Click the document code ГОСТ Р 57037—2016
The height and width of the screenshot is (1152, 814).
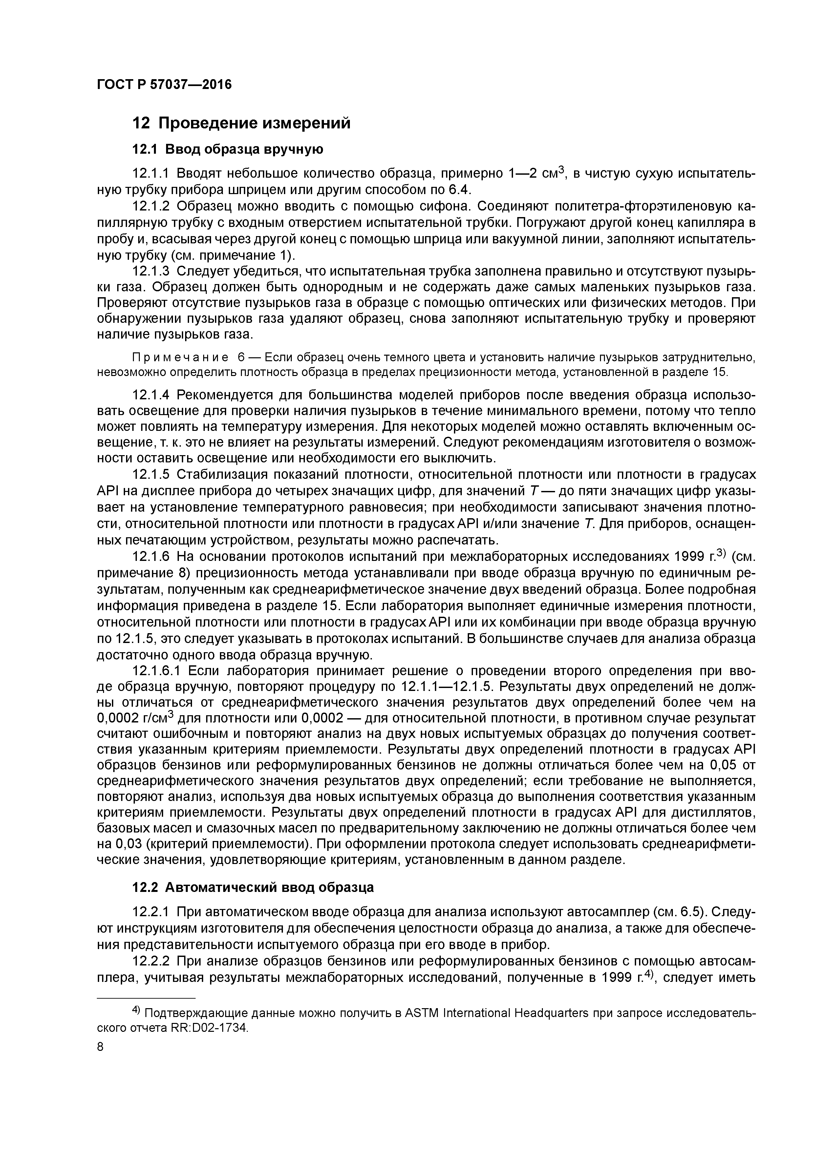[x=164, y=85]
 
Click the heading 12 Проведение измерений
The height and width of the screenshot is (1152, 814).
[x=241, y=123]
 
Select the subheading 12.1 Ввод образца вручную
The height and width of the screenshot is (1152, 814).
[x=227, y=149]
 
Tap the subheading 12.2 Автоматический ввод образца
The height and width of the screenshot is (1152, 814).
[x=252, y=887]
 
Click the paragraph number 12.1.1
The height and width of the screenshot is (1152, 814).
[x=151, y=174]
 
